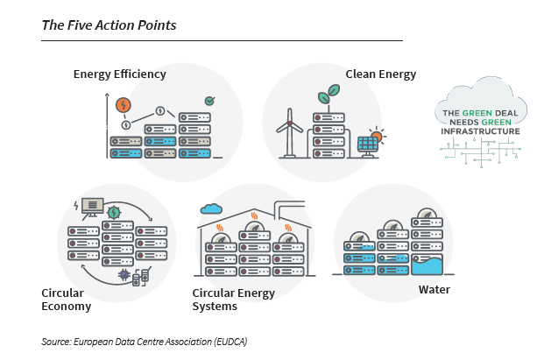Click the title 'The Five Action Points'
109,25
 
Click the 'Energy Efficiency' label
119,74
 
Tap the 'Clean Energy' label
380,74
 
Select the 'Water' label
434,289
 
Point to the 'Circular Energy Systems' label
234,300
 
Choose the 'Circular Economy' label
66,300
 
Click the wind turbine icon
289,133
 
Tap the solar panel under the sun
367,146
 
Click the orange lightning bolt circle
124,105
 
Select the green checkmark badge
209,101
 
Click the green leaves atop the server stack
329,94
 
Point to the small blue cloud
211,208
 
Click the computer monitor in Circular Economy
92,208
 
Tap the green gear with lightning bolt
114,213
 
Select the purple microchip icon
124,274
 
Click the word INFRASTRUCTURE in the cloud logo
480,131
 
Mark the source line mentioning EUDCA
145,342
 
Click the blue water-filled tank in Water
427,265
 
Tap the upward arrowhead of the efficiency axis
107,95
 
